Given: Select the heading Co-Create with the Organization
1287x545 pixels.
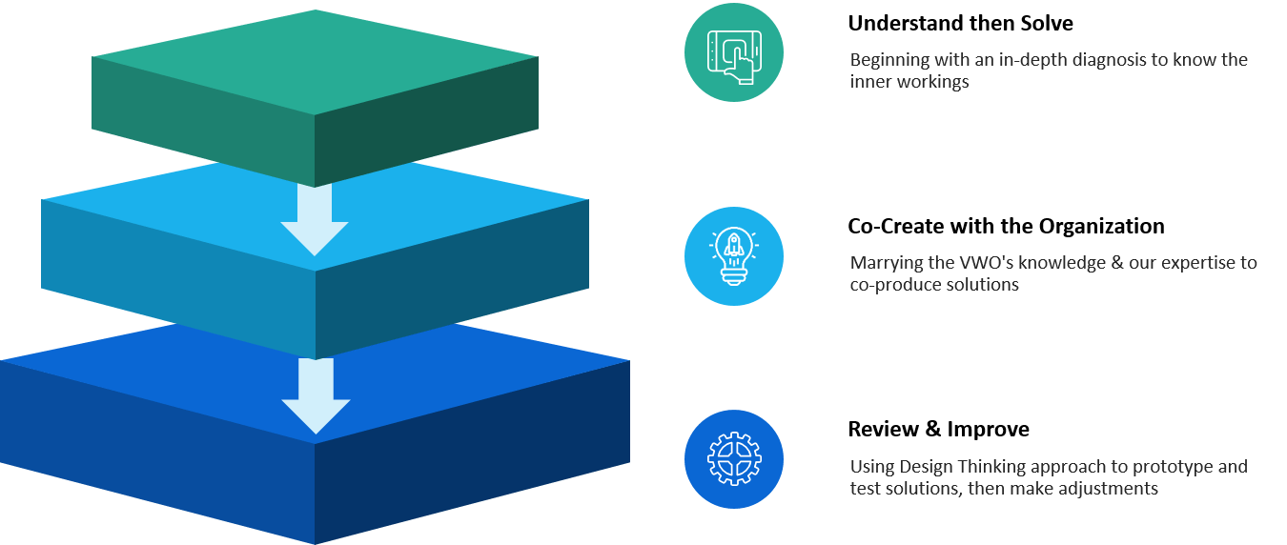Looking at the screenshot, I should [x=1006, y=227].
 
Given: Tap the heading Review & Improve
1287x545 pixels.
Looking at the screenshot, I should [x=938, y=430].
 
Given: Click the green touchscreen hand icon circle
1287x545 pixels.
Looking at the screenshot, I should [x=734, y=51].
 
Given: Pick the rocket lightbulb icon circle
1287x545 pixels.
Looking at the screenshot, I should [x=734, y=256].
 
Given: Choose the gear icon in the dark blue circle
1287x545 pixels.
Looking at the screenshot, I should [x=734, y=459].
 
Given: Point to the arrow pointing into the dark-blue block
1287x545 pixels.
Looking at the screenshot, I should [x=314, y=395].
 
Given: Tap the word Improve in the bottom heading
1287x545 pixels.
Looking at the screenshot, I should [x=988, y=430].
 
